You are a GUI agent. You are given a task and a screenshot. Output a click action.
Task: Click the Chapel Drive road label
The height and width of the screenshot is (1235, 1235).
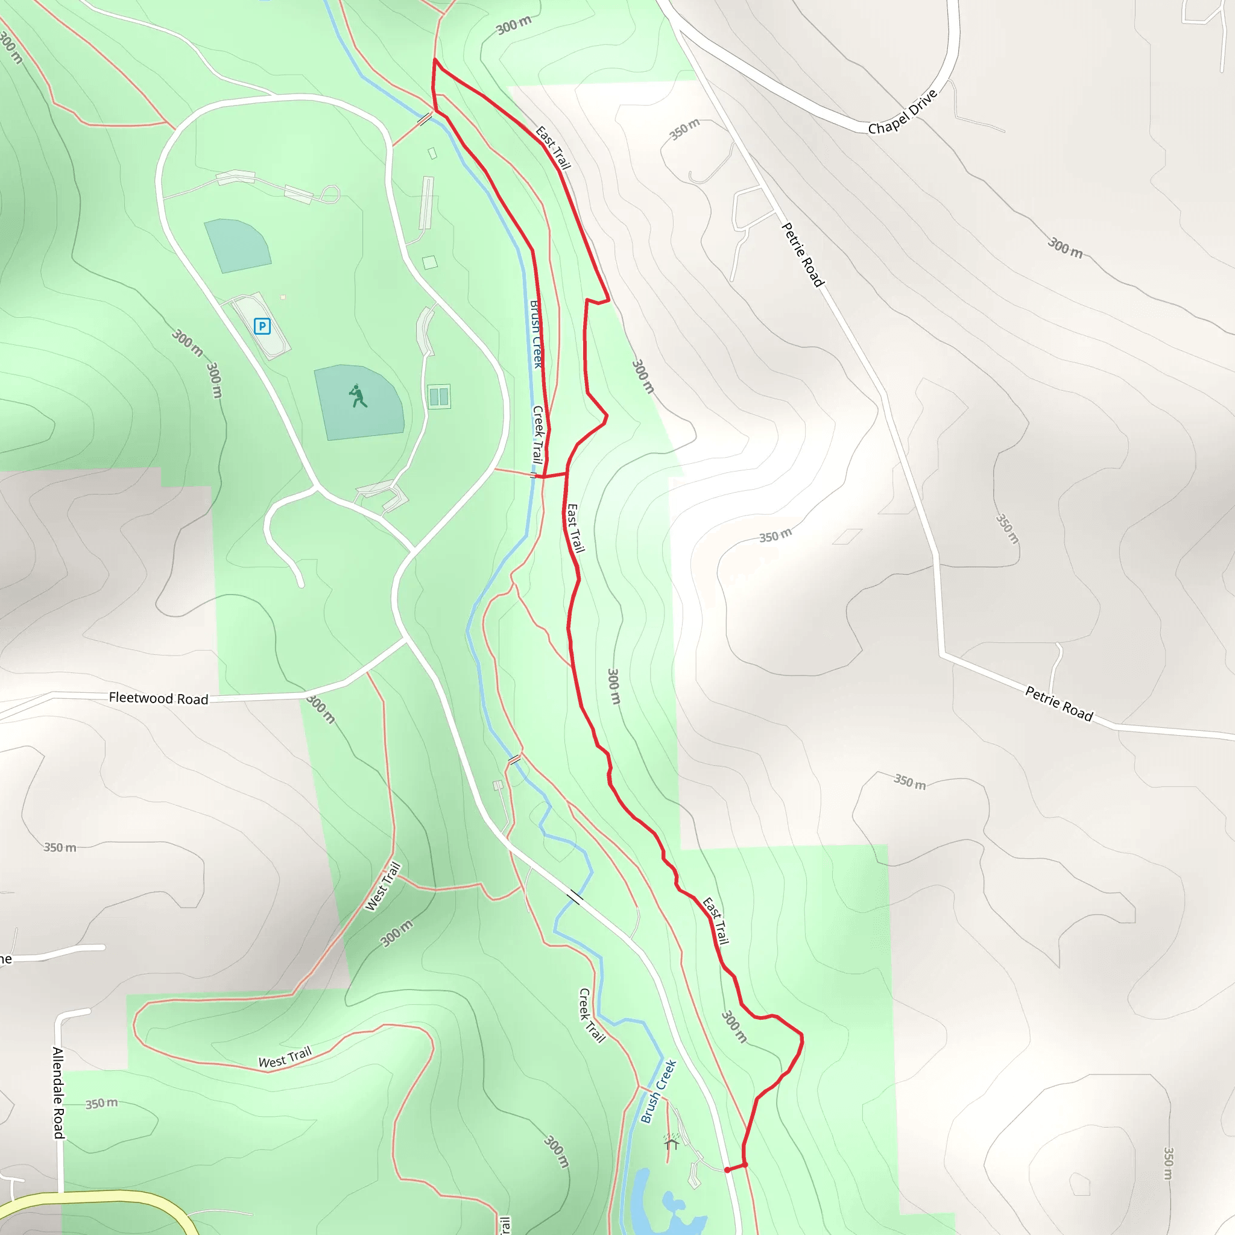(902, 112)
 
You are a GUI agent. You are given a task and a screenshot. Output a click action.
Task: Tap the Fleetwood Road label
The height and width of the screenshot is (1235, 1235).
(159, 698)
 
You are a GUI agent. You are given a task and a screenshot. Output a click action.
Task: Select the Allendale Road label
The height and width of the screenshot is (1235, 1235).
(58, 1093)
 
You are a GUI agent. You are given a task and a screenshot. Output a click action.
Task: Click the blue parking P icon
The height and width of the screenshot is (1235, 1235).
(262, 327)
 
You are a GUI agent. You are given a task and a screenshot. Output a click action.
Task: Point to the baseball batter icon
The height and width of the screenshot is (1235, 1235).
(359, 396)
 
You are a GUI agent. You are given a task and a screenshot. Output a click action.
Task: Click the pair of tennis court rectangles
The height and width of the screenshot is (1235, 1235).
(439, 396)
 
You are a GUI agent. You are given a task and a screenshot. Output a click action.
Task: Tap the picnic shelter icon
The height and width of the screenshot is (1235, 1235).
(671, 1143)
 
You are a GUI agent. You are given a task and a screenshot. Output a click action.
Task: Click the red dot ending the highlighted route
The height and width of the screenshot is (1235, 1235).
(727, 1170)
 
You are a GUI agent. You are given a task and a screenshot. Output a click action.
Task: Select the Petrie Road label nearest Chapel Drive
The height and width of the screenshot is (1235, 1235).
(803, 254)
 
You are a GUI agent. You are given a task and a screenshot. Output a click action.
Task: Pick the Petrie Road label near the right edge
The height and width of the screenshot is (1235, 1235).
(1058, 703)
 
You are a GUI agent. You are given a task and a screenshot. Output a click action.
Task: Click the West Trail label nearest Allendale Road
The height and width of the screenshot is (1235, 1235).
(285, 1057)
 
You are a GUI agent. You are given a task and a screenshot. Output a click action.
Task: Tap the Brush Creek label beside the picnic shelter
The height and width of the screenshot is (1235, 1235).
(659, 1091)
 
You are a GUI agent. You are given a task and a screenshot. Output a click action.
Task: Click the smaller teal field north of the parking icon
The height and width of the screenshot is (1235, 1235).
(237, 245)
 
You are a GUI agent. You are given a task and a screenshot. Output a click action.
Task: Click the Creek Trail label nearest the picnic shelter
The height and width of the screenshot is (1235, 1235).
(592, 1015)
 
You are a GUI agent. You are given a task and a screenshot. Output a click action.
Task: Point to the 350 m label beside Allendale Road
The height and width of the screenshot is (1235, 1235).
(102, 1104)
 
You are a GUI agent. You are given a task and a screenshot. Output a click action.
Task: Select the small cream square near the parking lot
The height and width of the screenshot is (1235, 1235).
(283, 297)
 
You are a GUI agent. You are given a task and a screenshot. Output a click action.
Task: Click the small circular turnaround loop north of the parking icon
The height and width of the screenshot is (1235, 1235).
(330, 193)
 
